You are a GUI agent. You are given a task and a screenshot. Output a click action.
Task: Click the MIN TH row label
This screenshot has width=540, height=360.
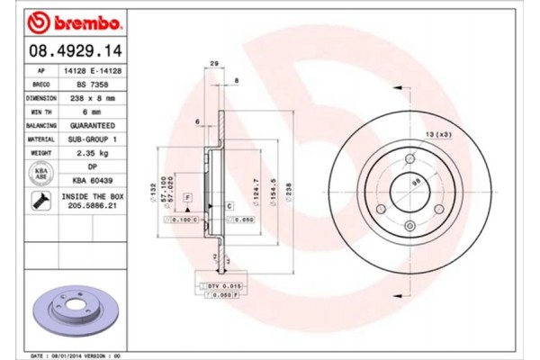40,112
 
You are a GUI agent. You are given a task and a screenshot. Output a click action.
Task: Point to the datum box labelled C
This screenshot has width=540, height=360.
229,206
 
